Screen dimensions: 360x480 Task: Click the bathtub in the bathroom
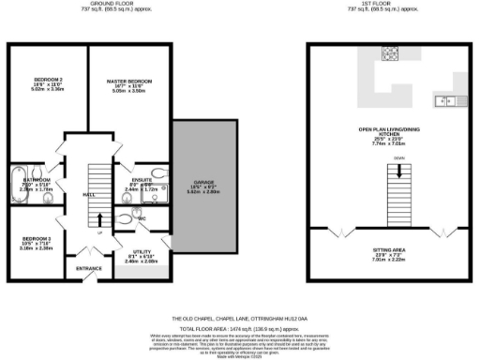click(16, 181)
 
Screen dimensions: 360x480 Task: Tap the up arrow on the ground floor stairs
click(99, 220)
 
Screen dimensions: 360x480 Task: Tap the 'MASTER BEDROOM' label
click(128, 82)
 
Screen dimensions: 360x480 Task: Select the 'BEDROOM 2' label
click(47, 79)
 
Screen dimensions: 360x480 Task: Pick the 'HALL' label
click(88, 194)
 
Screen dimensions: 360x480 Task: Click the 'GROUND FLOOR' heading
click(92, 4)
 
